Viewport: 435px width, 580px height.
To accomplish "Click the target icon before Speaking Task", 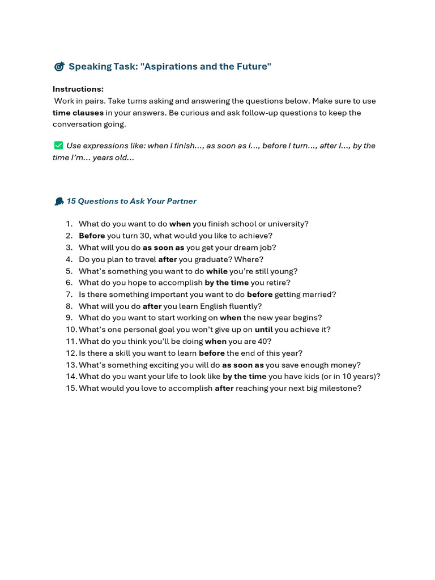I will [x=59, y=67].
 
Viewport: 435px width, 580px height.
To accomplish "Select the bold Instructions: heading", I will [x=78, y=89].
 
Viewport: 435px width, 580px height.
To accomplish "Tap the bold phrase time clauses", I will [x=78, y=113].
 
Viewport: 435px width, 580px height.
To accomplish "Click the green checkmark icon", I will [x=58, y=146].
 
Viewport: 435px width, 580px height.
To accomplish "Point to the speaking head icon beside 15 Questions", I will [x=58, y=202].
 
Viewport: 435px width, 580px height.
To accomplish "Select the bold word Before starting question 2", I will [x=92, y=236].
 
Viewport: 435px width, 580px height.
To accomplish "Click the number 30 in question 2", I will [x=145, y=236].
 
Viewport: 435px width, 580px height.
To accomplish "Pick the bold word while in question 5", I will [x=216, y=271].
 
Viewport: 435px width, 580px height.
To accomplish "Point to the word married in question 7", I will [x=319, y=295].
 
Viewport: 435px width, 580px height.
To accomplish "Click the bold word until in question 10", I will [x=263, y=330].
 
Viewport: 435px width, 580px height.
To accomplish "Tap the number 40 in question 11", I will [x=263, y=342].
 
